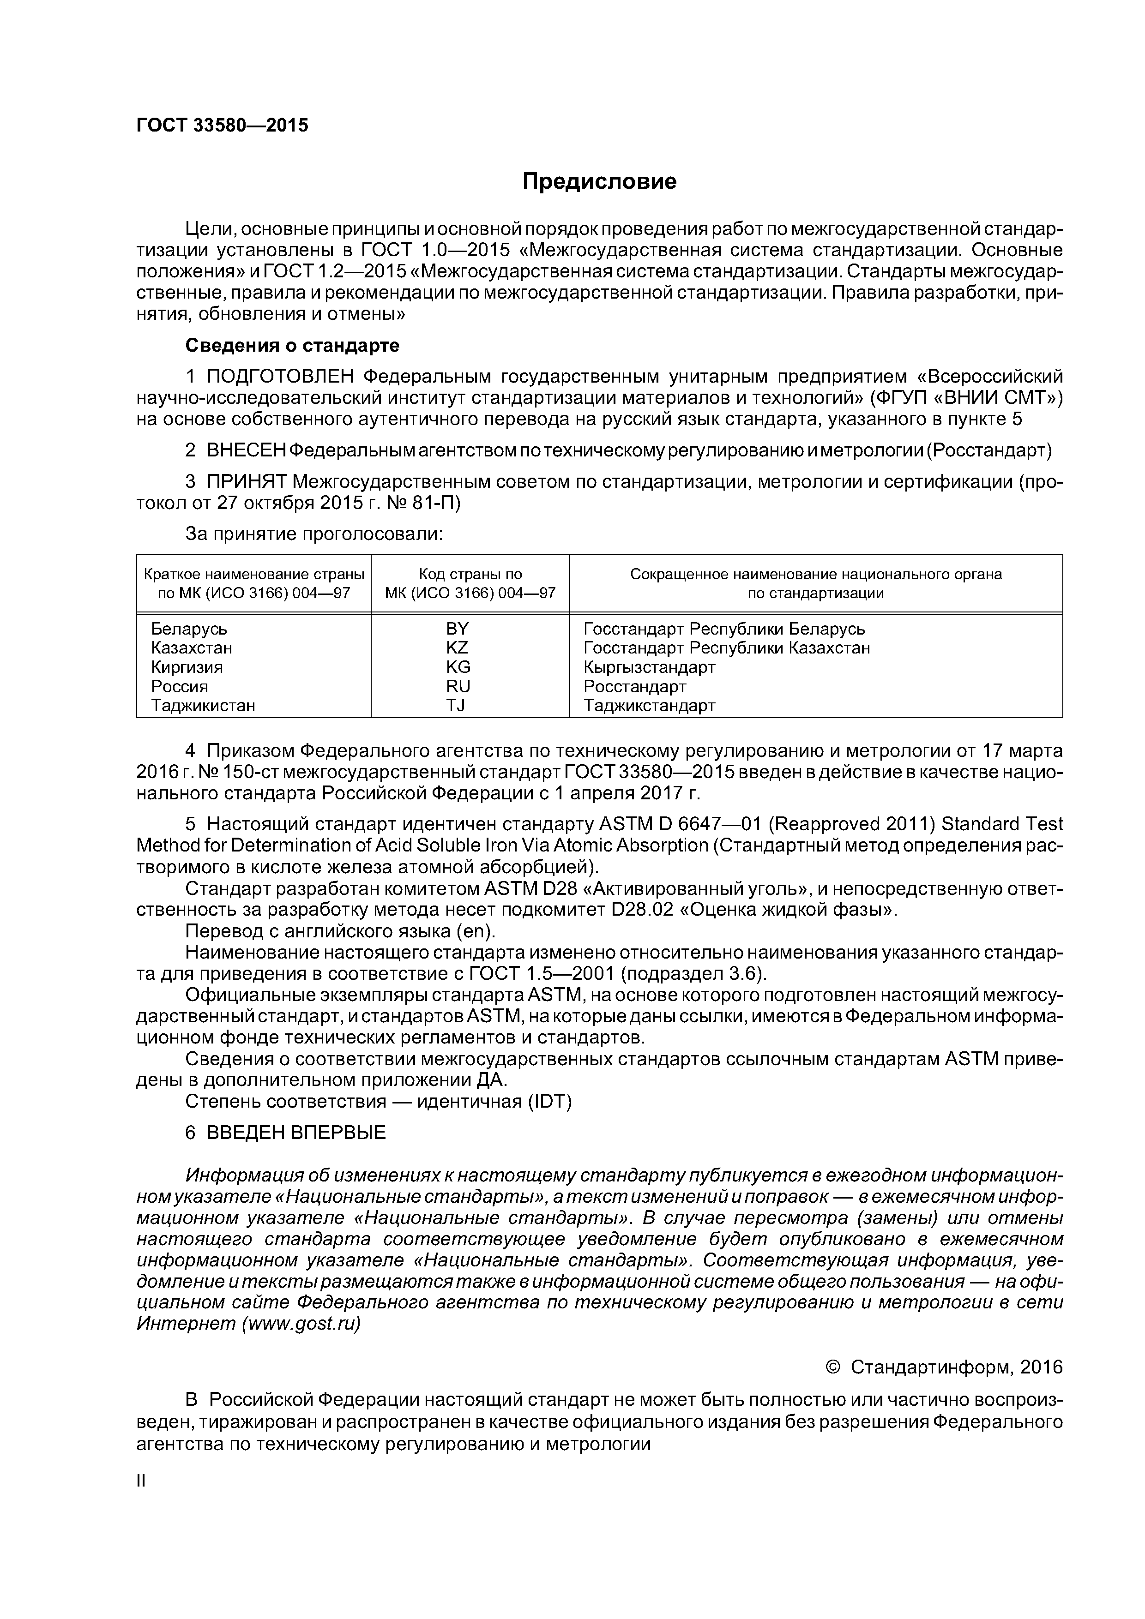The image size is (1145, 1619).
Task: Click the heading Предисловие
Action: coord(599,182)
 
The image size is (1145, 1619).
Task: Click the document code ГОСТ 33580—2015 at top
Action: coord(222,126)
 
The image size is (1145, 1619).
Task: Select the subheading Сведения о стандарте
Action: coord(292,346)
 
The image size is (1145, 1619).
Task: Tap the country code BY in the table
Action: coord(457,628)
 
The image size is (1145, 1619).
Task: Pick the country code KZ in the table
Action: coord(457,648)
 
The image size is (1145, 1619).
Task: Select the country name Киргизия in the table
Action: coord(187,667)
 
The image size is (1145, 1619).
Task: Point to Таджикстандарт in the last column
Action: coord(649,705)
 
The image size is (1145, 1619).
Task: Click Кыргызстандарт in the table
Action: coord(649,667)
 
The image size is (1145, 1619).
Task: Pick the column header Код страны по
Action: coord(470,574)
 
